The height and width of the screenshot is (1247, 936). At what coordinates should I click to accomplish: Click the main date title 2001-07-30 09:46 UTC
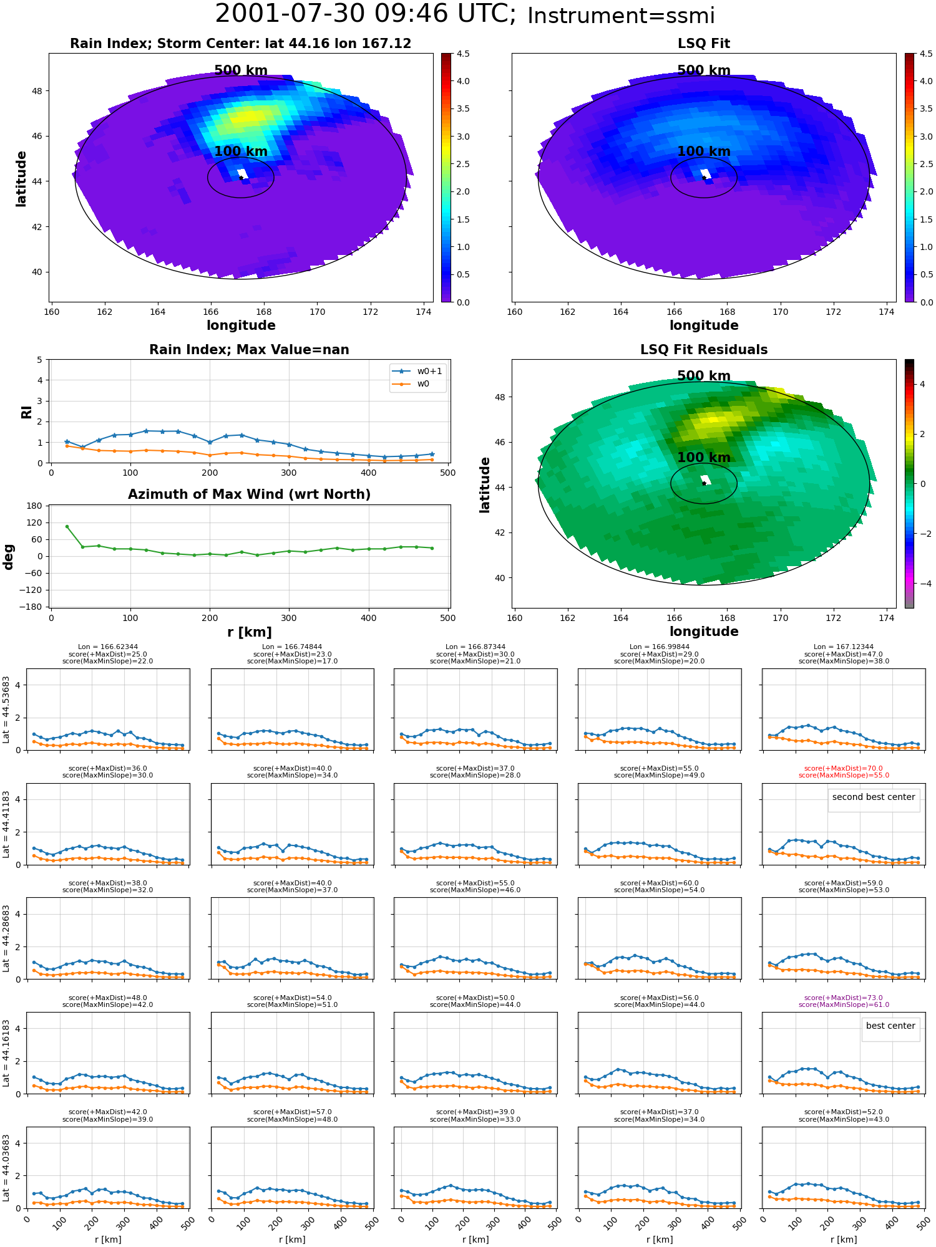(x=365, y=14)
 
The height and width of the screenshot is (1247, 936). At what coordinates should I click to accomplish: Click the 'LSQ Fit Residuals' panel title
(x=704, y=350)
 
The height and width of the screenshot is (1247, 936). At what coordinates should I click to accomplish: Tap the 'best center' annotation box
(x=890, y=1026)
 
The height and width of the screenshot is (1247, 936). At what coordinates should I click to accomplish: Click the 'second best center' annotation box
(x=874, y=797)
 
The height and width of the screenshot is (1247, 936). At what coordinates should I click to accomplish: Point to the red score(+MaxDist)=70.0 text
(x=844, y=769)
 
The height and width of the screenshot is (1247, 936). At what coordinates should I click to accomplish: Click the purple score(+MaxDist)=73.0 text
(x=844, y=998)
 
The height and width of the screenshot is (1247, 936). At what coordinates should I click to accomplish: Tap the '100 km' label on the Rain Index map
(x=241, y=152)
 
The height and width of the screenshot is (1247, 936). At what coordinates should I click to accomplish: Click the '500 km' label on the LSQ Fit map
(x=704, y=70)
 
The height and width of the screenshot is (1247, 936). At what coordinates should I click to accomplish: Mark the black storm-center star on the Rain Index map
(x=241, y=178)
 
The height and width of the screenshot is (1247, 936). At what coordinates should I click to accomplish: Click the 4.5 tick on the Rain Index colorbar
(x=463, y=54)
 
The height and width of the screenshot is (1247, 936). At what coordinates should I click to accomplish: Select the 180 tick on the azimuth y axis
(x=35, y=506)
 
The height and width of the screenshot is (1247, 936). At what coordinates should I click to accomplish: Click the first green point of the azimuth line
(x=67, y=526)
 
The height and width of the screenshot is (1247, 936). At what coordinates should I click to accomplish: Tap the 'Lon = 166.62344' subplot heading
(x=108, y=647)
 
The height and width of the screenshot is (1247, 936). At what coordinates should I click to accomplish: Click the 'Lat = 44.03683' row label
(x=6, y=1168)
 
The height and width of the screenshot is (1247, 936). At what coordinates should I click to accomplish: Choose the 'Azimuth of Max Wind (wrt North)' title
(x=249, y=494)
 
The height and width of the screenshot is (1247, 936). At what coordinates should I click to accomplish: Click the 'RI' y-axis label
(x=26, y=412)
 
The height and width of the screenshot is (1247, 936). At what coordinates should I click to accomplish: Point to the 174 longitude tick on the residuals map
(x=887, y=618)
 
